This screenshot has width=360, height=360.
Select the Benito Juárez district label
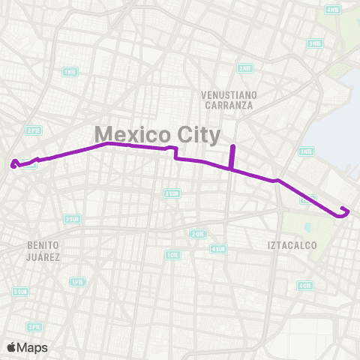coord(42,250)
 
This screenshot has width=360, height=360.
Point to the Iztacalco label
coord(292,245)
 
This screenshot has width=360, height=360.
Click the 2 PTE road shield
coord(32,130)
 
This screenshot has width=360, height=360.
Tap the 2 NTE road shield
coord(244,68)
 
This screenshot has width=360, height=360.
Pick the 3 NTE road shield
coord(316,43)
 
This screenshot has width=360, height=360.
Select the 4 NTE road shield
coord(333,10)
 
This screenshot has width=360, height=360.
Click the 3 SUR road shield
coord(71,219)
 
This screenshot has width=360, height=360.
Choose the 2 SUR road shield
coord(172,193)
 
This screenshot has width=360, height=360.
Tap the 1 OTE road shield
coord(305,151)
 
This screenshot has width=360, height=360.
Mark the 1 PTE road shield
coord(76,282)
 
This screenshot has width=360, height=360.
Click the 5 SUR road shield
coord(21,291)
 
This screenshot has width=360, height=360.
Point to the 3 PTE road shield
coord(34,326)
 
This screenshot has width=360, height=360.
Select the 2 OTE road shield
coord(198,234)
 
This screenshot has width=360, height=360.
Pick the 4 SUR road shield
coord(218,249)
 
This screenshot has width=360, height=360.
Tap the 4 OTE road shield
coord(304,285)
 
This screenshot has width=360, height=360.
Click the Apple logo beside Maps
coord(11,347)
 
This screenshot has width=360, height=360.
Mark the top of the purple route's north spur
coord(232,145)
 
